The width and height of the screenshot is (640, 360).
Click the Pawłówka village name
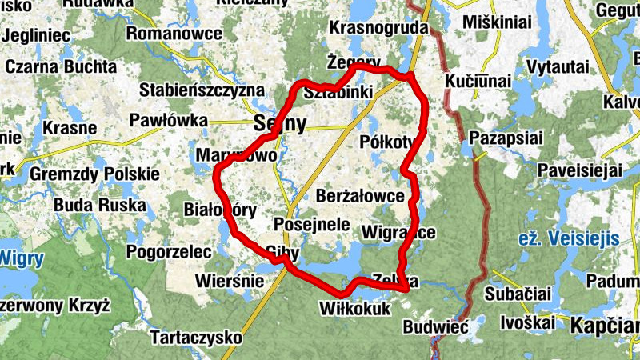click(x=169, y=121)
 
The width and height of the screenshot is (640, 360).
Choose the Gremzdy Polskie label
click(x=95, y=174)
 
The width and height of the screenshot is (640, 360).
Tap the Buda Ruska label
click(x=100, y=205)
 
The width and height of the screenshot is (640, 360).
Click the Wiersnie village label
click(x=230, y=282)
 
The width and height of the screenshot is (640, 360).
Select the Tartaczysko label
click(x=196, y=337)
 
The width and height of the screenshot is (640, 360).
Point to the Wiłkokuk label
click(x=353, y=308)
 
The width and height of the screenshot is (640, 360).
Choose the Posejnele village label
click(x=312, y=224)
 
